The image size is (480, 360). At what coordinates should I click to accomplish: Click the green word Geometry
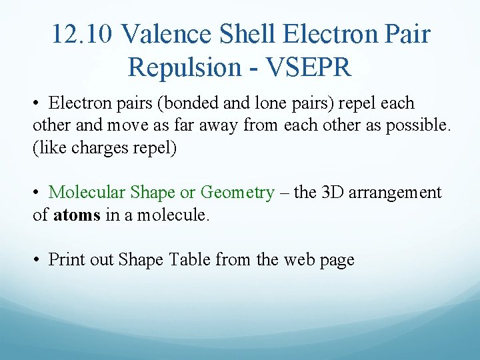click(237, 193)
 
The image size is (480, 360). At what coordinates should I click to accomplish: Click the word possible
click(424, 125)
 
